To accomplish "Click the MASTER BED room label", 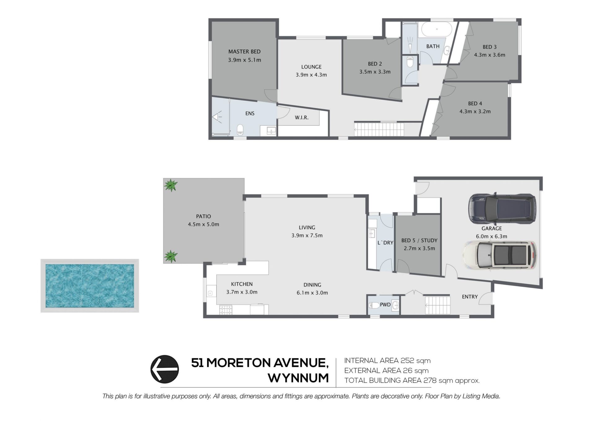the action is (244, 52).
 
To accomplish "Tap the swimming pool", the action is (90, 286).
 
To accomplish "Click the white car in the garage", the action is (500, 255).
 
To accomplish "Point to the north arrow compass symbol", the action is (165, 369).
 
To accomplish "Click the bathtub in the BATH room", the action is (437, 30).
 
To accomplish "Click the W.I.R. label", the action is (302, 118).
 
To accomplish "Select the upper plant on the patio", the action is (171, 185).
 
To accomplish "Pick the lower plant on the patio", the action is (171, 256).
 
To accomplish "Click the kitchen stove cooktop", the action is (226, 310).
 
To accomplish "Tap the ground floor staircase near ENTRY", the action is (437, 305).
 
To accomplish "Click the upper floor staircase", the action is (379, 129).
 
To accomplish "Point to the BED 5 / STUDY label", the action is (419, 241).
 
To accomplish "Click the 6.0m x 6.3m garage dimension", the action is (491, 237).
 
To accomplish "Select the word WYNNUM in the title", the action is (298, 378).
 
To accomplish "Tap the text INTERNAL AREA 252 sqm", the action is (387, 361).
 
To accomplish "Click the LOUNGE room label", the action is (311, 67).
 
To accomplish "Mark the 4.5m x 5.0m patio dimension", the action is (203, 224).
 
